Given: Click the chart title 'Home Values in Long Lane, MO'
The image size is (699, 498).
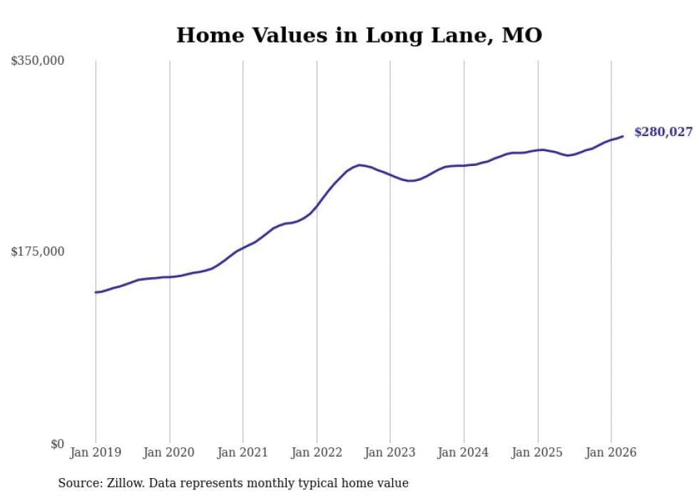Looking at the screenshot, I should [359, 35].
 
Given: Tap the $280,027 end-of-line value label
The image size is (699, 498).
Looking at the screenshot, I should [663, 132].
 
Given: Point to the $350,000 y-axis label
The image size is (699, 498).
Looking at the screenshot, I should [38, 61].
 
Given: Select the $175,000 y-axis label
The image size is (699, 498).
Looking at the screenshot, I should [38, 251].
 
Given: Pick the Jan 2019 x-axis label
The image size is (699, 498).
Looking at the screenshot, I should [96, 452].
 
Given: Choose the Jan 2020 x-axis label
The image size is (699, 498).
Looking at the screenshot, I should [169, 452].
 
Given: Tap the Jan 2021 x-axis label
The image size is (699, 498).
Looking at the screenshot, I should [243, 452].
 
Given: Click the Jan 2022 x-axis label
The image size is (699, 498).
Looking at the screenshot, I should [317, 452].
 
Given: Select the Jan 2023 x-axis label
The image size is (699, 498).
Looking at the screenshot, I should [390, 452].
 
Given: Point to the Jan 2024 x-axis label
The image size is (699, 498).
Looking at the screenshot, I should [464, 452].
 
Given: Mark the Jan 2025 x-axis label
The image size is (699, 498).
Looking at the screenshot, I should [537, 452].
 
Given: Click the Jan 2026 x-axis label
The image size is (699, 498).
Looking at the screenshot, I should [611, 452].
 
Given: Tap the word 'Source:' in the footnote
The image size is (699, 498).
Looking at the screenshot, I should [78, 483].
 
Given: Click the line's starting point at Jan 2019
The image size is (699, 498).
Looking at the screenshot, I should [96, 292].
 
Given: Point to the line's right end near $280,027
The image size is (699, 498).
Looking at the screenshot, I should [623, 136].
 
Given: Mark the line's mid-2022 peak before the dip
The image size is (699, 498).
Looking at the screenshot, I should [359, 165].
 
